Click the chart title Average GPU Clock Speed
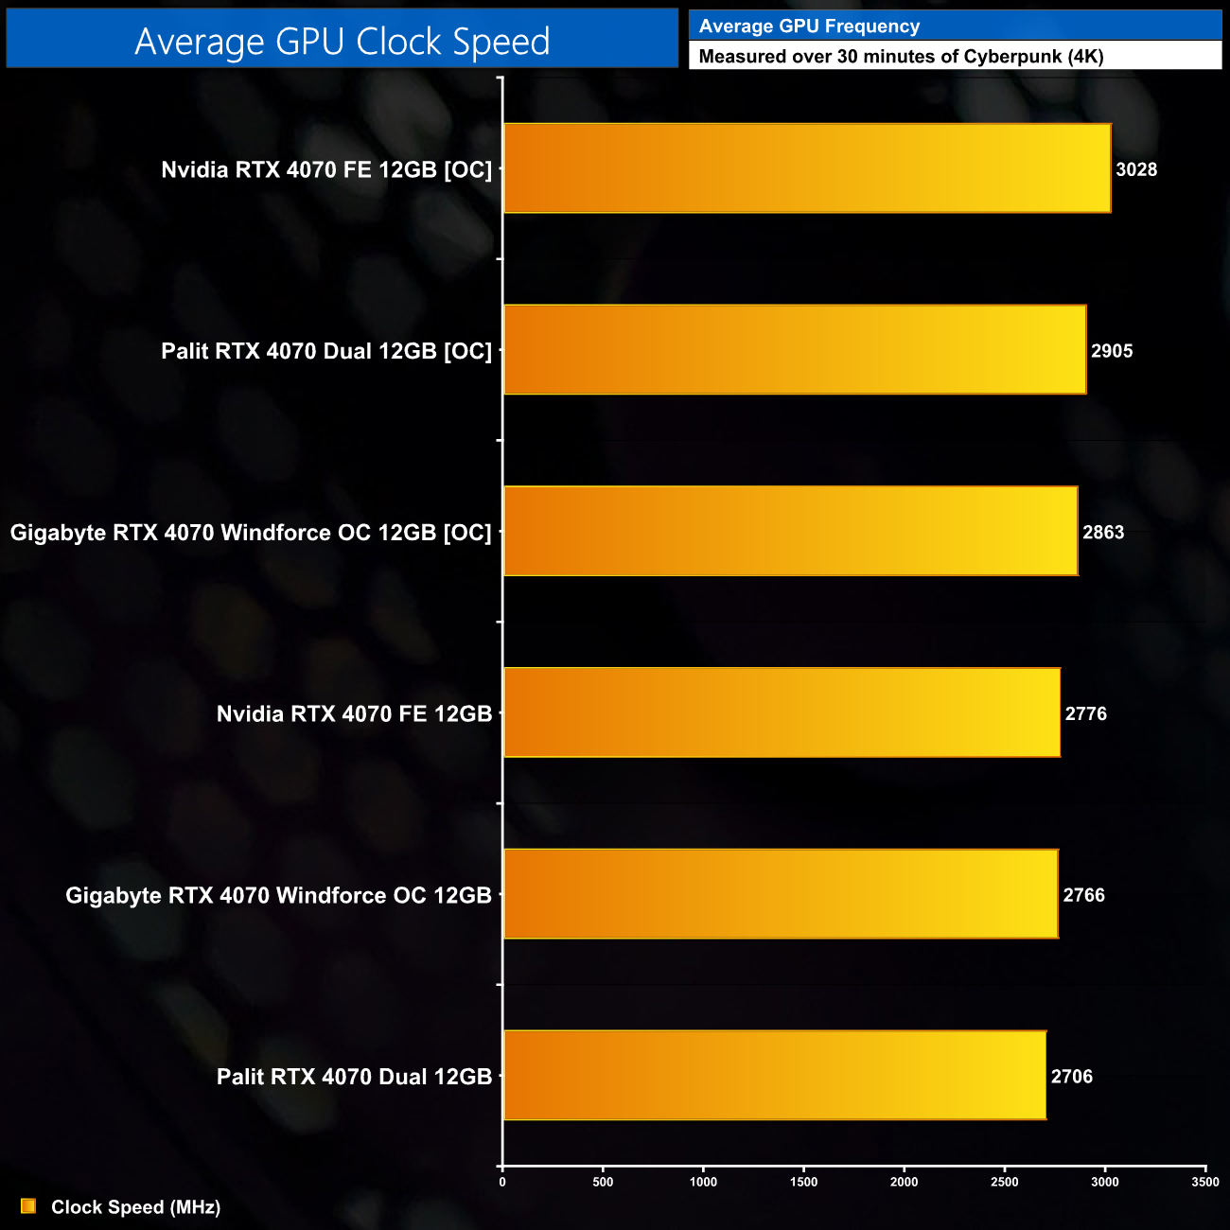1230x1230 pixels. click(x=342, y=41)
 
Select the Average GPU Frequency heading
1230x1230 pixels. click(x=809, y=26)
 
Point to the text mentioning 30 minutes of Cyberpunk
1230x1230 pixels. click(x=901, y=56)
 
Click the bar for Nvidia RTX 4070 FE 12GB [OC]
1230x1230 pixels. click(x=806, y=168)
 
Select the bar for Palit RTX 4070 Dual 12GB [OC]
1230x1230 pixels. click(x=794, y=350)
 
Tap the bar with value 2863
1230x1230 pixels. click(x=790, y=531)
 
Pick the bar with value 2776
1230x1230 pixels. click(x=782, y=712)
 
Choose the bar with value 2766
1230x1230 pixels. click(x=781, y=894)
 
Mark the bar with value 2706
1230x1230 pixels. click(x=774, y=1075)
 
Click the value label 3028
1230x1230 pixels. click(x=1136, y=169)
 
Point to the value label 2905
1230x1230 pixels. click(x=1112, y=351)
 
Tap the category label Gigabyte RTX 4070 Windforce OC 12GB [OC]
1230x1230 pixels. click(x=251, y=533)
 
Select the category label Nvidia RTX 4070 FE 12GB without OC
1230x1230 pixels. click(x=354, y=713)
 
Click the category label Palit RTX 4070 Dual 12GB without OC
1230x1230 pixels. click(x=354, y=1077)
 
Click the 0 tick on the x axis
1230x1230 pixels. click(x=502, y=1182)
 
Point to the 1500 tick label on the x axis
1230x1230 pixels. click(x=803, y=1182)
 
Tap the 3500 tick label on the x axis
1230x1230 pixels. click(x=1205, y=1182)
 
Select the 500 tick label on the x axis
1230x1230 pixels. click(x=603, y=1182)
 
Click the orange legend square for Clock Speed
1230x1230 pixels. click(x=28, y=1206)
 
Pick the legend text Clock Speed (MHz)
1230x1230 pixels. click(x=135, y=1207)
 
